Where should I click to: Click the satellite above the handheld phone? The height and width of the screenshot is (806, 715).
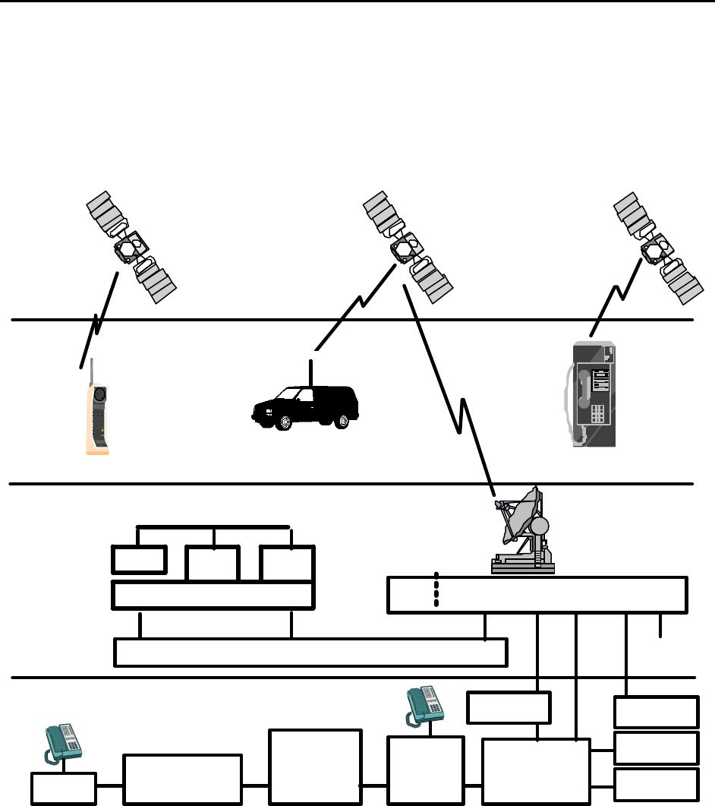point(131,247)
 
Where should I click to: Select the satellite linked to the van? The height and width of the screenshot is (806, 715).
point(408,247)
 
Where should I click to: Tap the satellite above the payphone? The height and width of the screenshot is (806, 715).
point(657,247)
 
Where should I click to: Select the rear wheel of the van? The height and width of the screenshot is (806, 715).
point(343,419)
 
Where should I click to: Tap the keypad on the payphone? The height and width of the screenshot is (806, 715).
point(598,414)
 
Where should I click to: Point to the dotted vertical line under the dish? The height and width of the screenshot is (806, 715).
point(436,589)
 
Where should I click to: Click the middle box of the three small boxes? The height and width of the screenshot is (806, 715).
point(213,560)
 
